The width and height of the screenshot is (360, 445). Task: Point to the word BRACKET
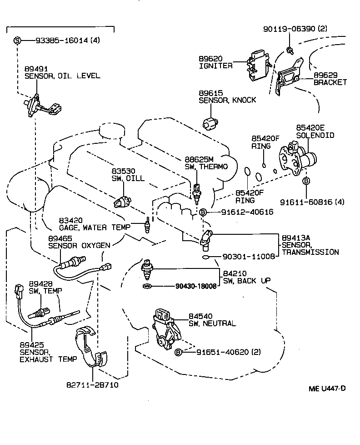[x=330, y=82]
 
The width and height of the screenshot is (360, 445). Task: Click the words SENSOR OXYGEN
[x=79, y=245]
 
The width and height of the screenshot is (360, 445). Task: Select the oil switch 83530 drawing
[x=123, y=201]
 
